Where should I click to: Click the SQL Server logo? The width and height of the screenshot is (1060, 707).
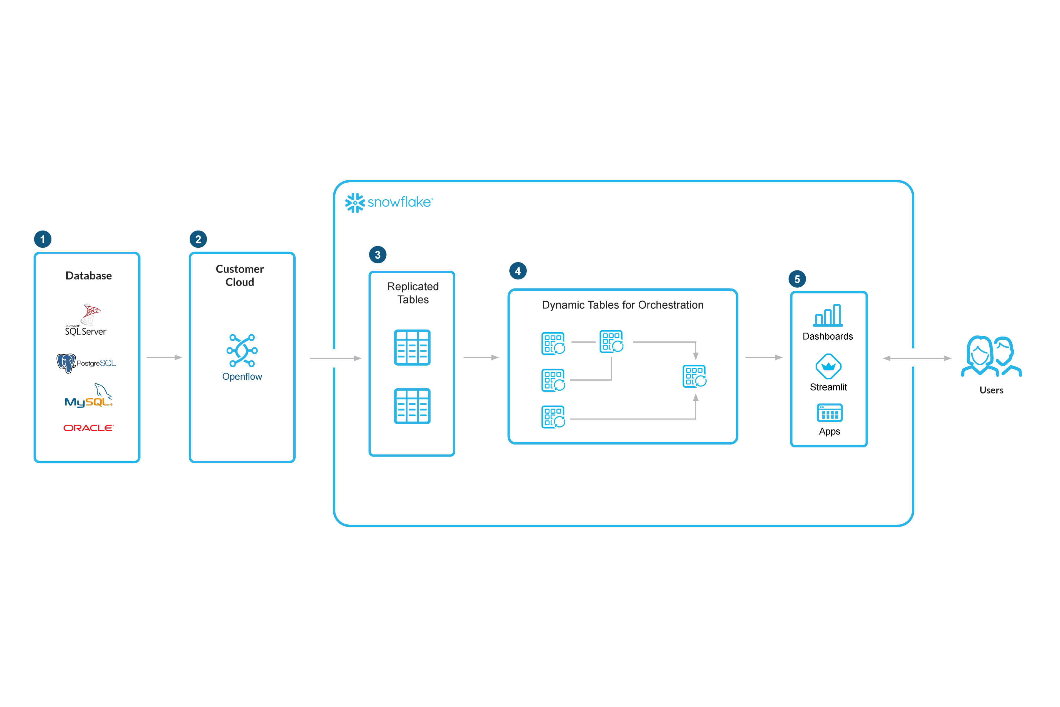coord(87,319)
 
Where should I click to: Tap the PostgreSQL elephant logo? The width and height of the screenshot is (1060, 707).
coord(66,363)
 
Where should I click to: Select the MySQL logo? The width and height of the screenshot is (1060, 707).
coord(88,396)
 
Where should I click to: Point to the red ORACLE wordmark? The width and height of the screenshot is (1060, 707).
coord(88,428)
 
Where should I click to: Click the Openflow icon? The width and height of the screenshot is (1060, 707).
coord(242,350)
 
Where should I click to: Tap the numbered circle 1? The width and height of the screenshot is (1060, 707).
coord(43,239)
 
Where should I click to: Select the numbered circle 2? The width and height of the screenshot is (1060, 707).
coord(198,239)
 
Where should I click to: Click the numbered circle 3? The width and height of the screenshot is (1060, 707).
coord(378,255)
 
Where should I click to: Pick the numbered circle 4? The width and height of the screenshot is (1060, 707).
coord(518,271)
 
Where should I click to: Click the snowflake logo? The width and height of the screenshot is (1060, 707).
coord(388,202)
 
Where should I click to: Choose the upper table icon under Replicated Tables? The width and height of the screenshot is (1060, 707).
coord(412,347)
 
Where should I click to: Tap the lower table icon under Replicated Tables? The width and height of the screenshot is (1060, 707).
coord(412,406)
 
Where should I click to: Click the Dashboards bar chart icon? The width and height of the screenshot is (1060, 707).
coord(828,315)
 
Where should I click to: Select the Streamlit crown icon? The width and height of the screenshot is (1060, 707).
coord(828,366)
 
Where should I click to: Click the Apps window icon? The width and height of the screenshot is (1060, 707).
coord(829,413)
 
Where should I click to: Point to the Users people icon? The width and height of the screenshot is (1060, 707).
coord(991,356)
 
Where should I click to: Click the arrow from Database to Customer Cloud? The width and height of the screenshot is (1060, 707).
coord(164,358)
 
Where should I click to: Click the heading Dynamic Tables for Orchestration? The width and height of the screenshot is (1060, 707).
coord(622,305)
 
